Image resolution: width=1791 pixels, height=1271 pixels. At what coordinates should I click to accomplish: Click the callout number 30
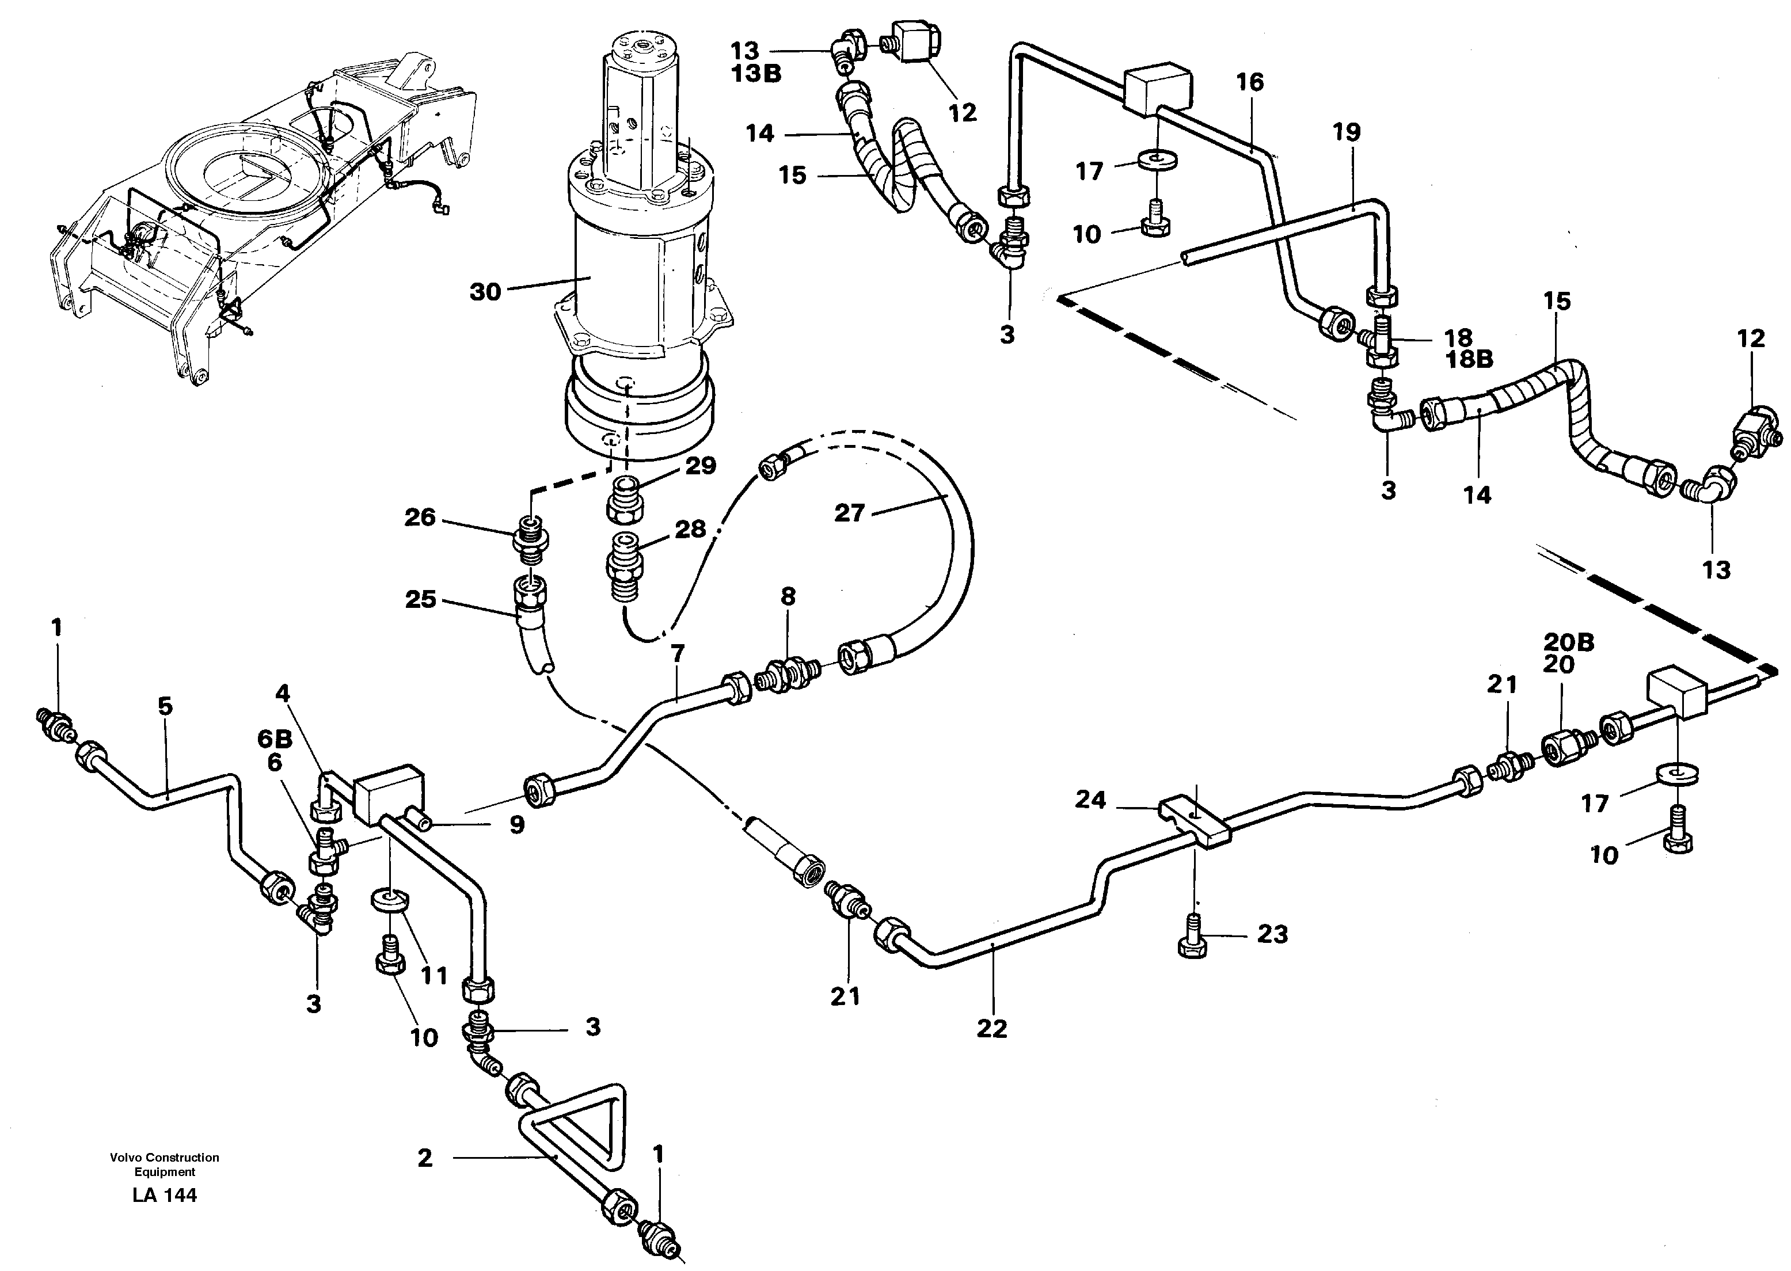[485, 292]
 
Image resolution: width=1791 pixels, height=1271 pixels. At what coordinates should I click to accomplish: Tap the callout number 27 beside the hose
[849, 513]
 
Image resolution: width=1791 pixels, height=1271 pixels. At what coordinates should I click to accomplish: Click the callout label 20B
[1569, 642]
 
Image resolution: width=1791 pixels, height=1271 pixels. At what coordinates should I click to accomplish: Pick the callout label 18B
[1469, 359]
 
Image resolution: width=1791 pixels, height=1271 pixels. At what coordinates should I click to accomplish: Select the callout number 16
[1250, 82]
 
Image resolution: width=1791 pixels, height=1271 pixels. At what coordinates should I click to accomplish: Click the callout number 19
[1347, 132]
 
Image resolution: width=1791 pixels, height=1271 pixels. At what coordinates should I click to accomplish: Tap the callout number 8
[788, 596]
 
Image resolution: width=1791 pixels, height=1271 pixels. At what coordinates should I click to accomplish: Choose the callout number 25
[420, 599]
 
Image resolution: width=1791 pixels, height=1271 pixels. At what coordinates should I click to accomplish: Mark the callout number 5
[165, 706]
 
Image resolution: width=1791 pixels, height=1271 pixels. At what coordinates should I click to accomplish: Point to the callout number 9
[516, 825]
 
